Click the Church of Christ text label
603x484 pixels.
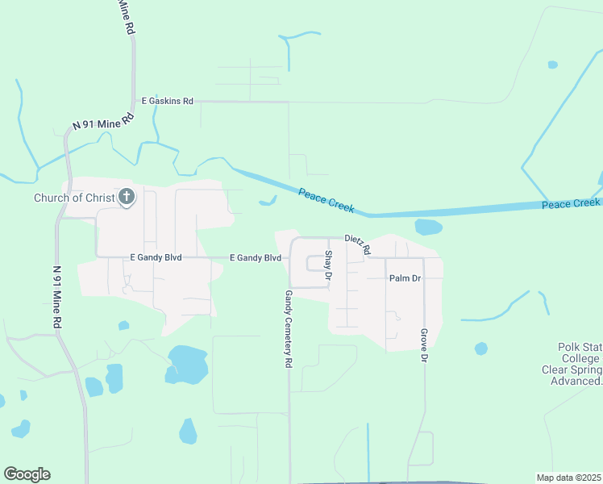click(x=74, y=198)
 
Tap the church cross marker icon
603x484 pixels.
click(x=127, y=197)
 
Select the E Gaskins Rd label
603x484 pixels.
click(x=168, y=101)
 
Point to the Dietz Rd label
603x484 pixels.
click(x=356, y=244)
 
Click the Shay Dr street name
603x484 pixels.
click(x=328, y=265)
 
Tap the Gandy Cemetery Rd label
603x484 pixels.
click(x=288, y=330)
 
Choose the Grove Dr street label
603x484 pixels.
click(x=423, y=344)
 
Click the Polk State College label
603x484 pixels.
click(x=579, y=364)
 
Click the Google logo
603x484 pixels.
click(x=27, y=474)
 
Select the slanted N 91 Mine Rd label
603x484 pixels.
click(x=102, y=123)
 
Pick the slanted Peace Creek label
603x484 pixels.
click(x=326, y=200)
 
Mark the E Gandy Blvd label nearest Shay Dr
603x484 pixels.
click(x=255, y=258)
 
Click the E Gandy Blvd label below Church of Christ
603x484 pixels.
click(x=156, y=257)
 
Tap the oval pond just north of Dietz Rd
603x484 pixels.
click(x=428, y=227)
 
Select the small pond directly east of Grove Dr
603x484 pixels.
click(x=481, y=348)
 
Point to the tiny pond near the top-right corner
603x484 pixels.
click(x=552, y=65)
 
